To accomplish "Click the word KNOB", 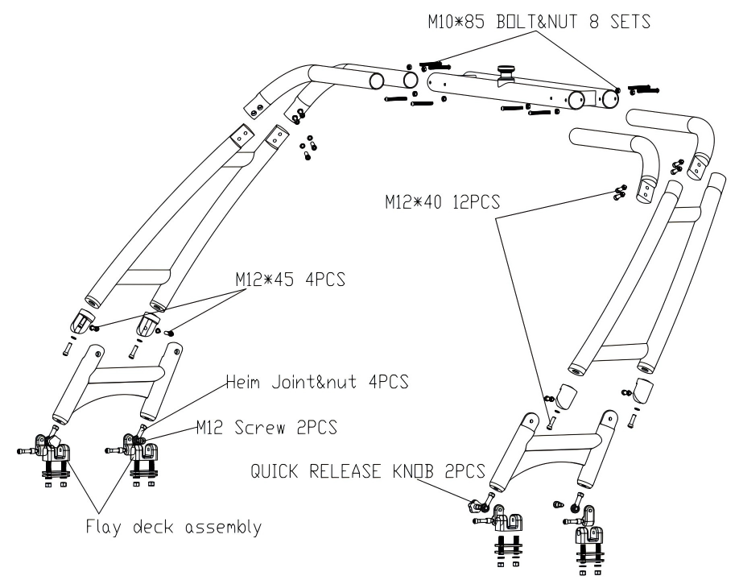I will click(414, 470).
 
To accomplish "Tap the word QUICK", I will click(297, 470).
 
